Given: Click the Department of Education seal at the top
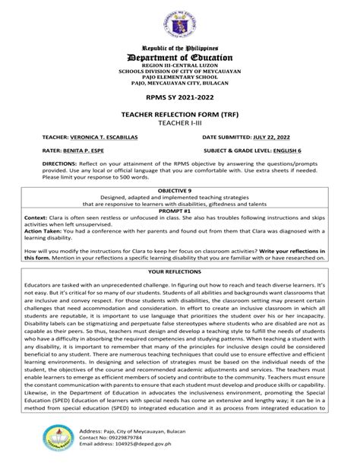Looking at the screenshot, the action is click(179, 20).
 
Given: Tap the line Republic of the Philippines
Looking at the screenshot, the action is click(179, 46).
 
